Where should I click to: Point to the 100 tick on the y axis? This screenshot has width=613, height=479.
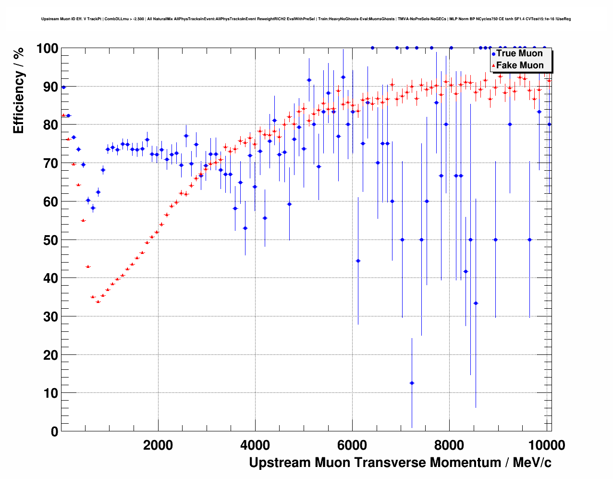pyautogui.click(x=48, y=49)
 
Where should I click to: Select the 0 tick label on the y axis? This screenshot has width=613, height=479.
pyautogui.click(x=54, y=431)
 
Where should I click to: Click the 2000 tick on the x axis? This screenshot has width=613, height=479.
pyautogui.click(x=158, y=445)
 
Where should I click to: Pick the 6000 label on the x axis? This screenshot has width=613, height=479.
pyautogui.click(x=352, y=445)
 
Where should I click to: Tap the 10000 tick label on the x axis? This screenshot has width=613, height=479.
pyautogui.click(x=546, y=445)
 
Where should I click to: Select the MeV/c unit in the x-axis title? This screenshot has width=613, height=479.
pyautogui.click(x=532, y=463)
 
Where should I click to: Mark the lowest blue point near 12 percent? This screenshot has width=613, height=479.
pyautogui.click(x=412, y=383)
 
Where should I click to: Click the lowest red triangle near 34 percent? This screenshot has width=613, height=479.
pyautogui.click(x=98, y=302)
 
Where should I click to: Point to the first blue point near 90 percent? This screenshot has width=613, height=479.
pyautogui.click(x=63, y=87)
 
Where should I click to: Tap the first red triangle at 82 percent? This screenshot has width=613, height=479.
pyautogui.click(x=63, y=115)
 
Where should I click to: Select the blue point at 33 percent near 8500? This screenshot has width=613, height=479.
pyautogui.click(x=476, y=303)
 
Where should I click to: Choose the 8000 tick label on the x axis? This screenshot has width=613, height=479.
pyautogui.click(x=449, y=445)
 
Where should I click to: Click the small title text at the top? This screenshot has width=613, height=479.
pyautogui.click(x=306, y=19)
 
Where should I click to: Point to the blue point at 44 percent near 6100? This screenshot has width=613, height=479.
pyautogui.click(x=358, y=261)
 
